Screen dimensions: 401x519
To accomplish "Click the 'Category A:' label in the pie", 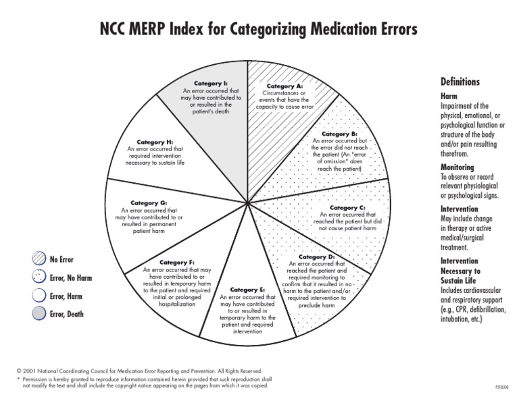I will point(285,86).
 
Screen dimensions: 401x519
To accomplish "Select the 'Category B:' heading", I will point(344,134).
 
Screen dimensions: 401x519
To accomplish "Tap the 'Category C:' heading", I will point(347,207).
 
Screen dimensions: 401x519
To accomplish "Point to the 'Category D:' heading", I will point(316,257).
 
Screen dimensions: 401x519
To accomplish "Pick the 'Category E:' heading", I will point(247,290).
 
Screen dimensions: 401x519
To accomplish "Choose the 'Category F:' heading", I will point(177,263).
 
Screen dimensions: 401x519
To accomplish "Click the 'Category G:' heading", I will point(149,203).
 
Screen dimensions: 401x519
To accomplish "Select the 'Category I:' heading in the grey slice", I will point(211,83).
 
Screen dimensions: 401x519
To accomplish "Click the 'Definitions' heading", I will point(460,82).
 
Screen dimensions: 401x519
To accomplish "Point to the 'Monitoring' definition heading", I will point(458,167).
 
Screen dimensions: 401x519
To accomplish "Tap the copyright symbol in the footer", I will point(19,371).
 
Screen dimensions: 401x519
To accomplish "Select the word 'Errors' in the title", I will point(395,30).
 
